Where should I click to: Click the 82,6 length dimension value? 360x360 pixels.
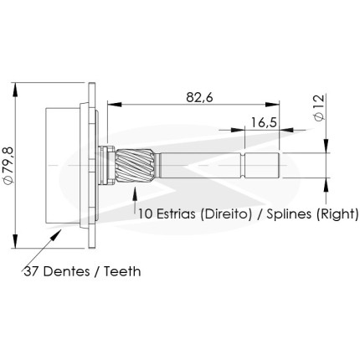200,98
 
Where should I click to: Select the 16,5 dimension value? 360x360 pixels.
264,122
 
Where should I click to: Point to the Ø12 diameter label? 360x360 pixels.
319,107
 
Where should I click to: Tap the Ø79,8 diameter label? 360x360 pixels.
8,165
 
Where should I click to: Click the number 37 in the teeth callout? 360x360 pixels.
31,271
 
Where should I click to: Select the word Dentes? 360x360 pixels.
67,271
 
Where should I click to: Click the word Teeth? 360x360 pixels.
122,271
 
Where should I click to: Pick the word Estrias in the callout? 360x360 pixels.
176,214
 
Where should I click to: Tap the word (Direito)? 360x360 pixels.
226,214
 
